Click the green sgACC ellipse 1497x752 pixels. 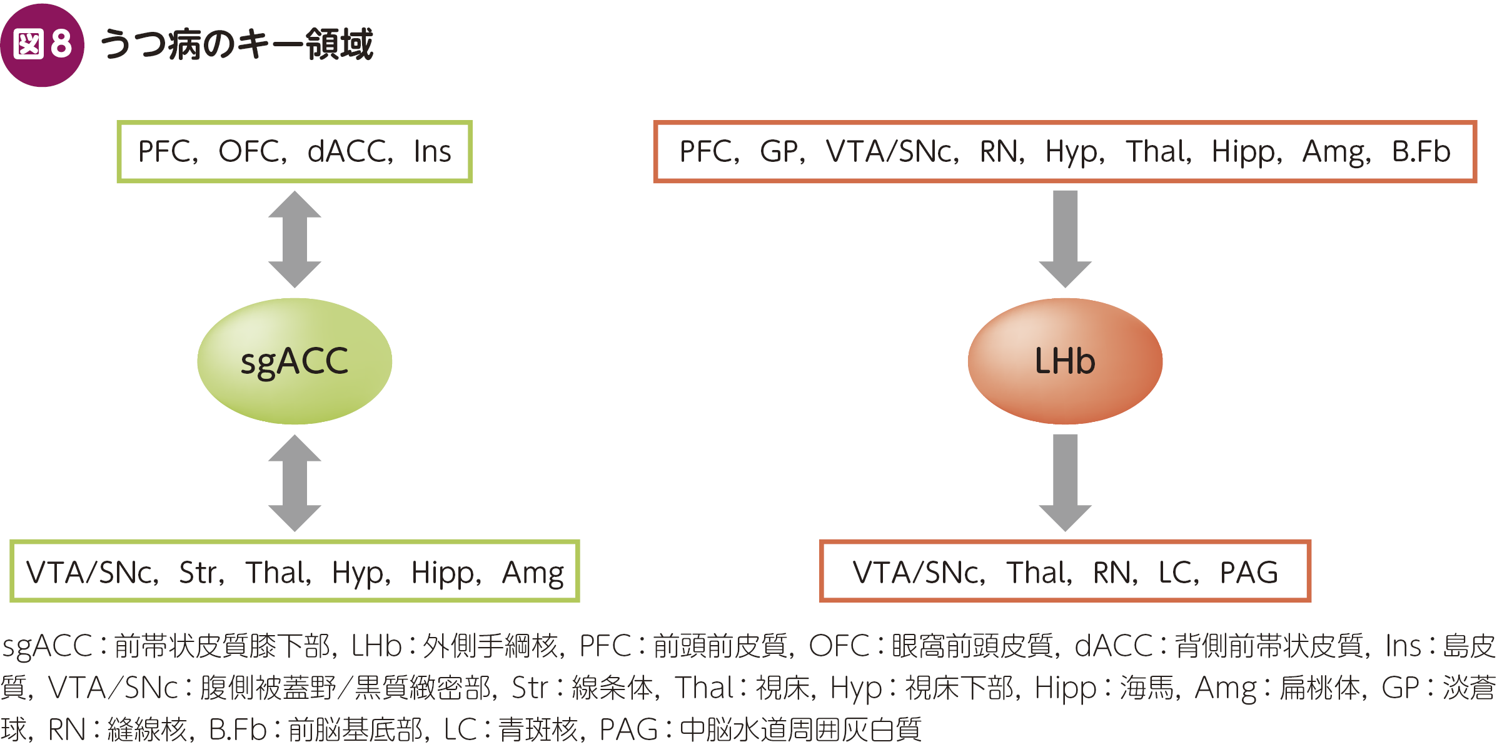point(295,361)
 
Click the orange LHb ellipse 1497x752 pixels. point(1065,361)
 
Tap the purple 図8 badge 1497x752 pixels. point(43,45)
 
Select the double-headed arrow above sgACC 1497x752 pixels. point(295,239)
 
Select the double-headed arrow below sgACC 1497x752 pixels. point(295,483)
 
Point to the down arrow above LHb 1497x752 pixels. point(1065,239)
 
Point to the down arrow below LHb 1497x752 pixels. point(1065,483)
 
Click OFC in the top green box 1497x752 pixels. point(249,152)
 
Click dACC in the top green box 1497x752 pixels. point(347,152)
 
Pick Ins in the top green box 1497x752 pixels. point(432,152)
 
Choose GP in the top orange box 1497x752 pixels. point(779,152)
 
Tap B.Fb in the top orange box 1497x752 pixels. point(1421,152)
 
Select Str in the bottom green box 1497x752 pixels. point(198,573)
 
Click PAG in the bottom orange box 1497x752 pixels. point(1249,573)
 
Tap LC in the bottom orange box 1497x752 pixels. point(1176,573)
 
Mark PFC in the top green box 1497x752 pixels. point(165,152)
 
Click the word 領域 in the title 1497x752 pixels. point(339,45)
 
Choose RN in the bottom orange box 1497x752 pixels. point(1112,573)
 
